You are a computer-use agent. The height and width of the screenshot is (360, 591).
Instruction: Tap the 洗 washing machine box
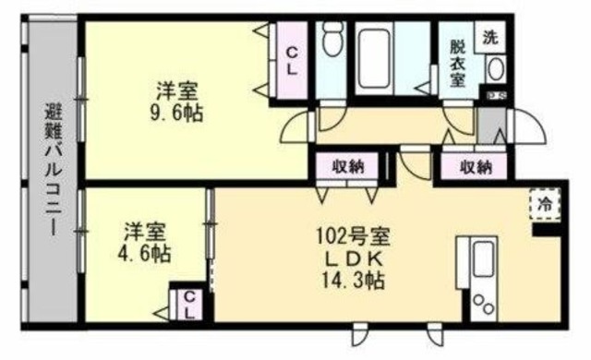coord(488,38)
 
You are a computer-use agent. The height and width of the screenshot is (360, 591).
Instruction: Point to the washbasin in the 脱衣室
coord(497,69)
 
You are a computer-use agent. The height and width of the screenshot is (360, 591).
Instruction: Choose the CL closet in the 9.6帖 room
coord(290,59)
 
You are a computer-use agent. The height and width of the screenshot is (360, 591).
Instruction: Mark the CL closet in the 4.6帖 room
coord(188,304)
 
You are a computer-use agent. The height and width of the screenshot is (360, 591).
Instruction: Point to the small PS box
coord(496,95)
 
